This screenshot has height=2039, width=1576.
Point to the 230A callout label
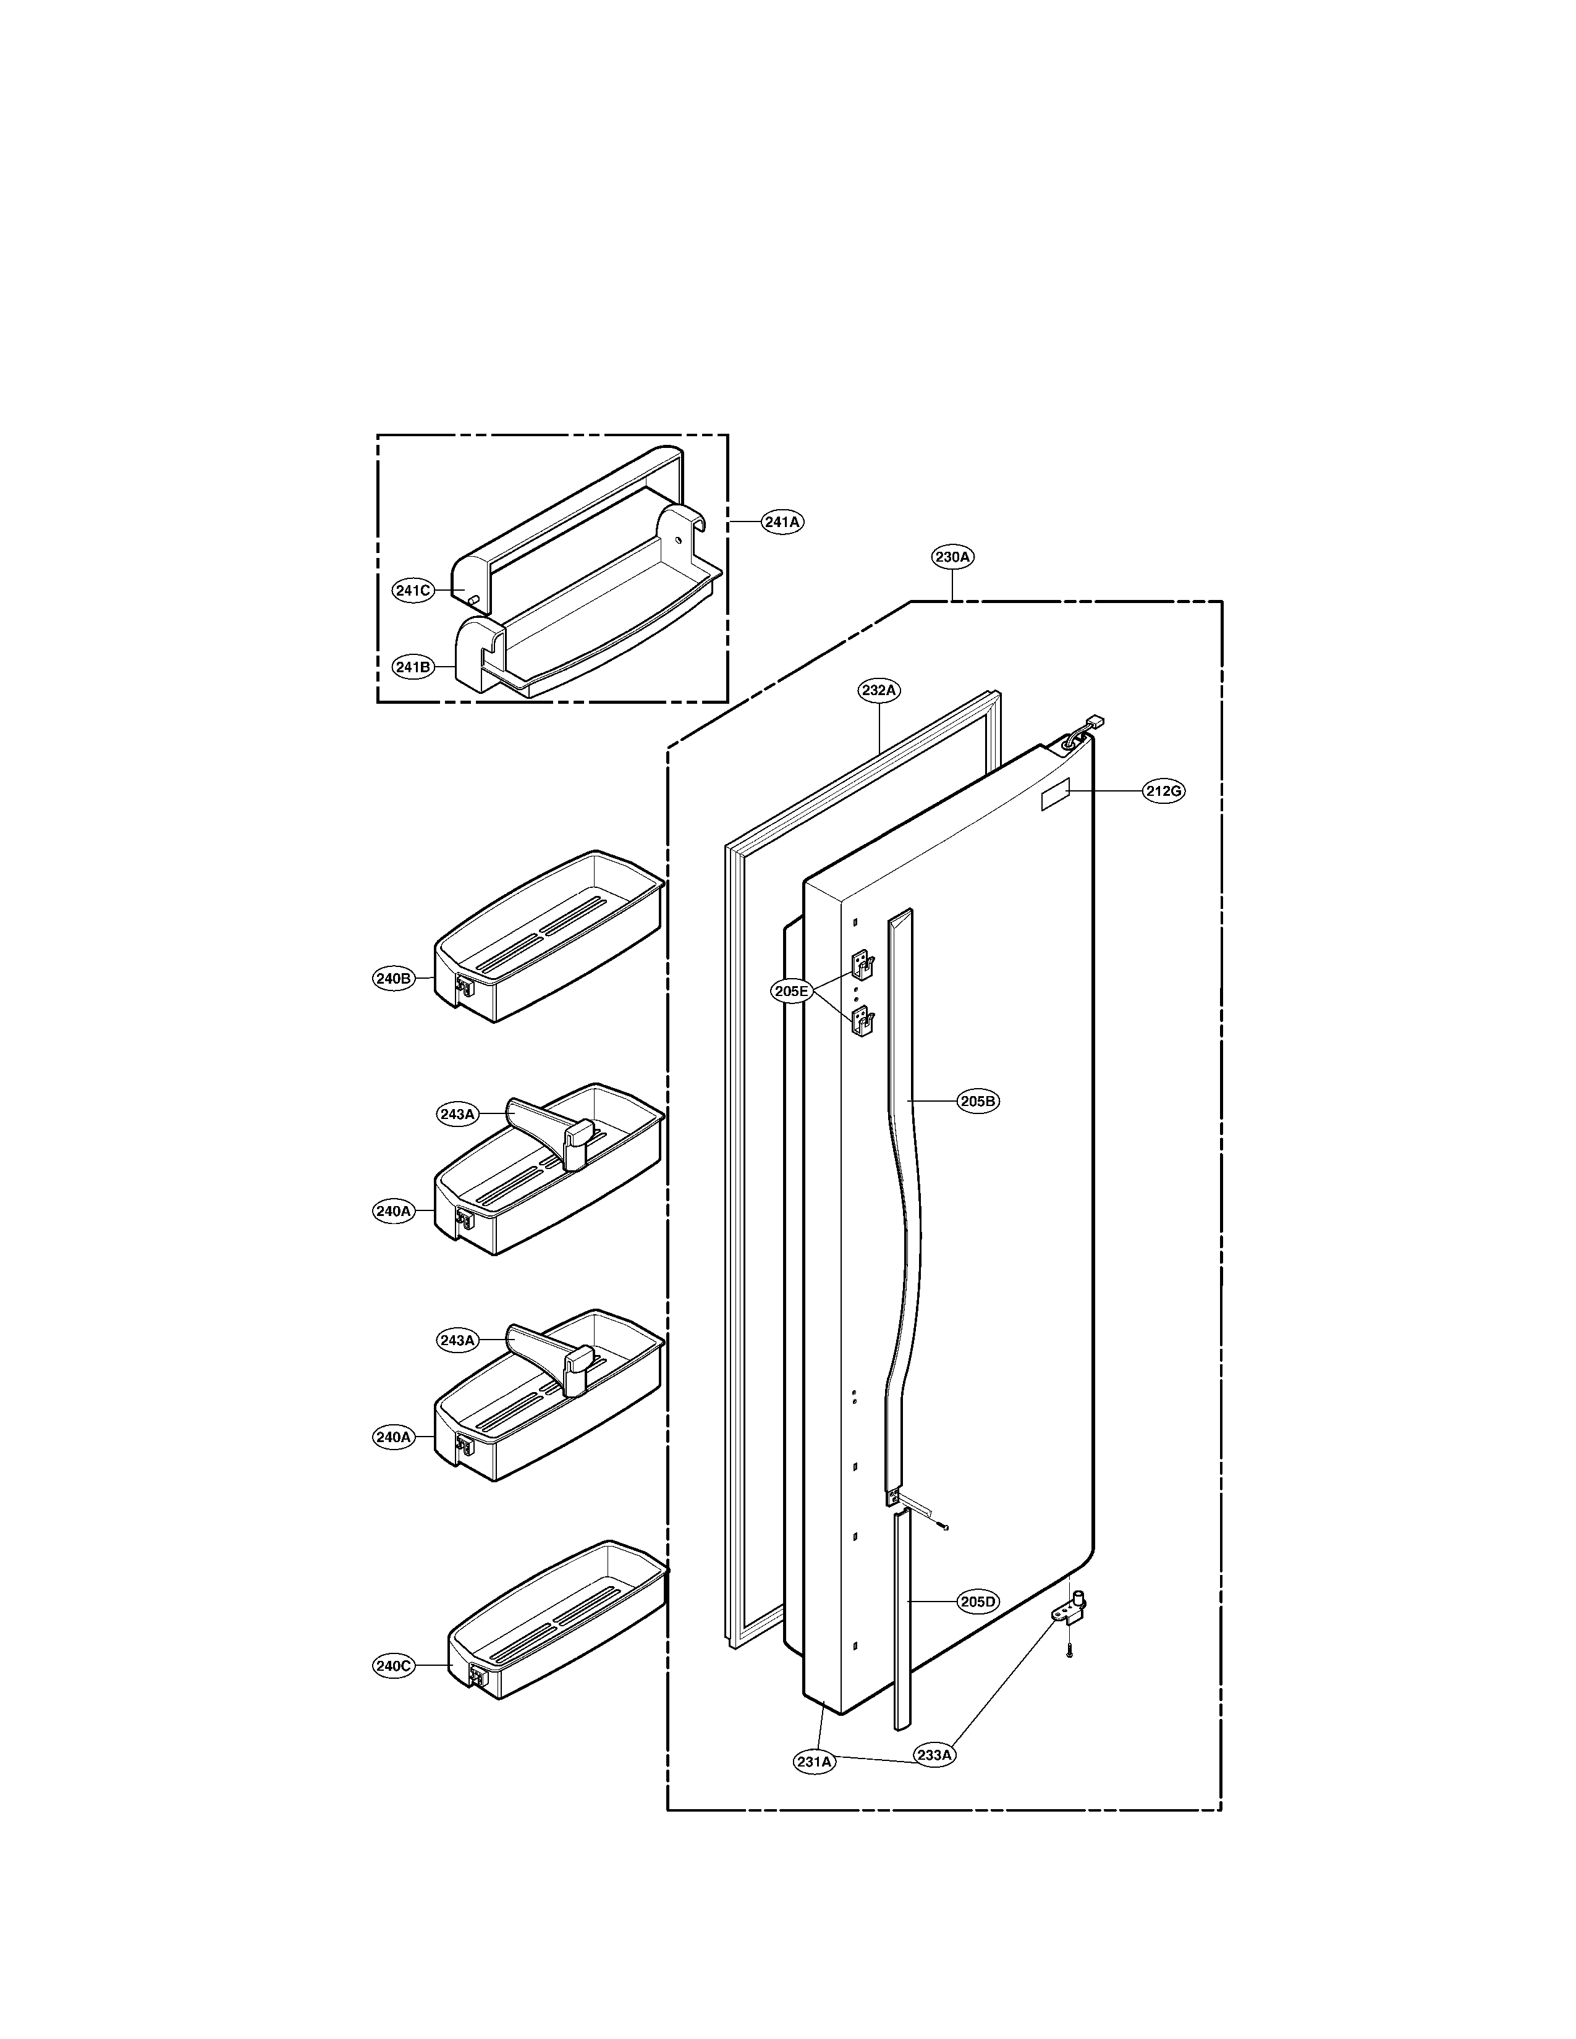952,557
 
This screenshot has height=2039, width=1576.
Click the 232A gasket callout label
879,691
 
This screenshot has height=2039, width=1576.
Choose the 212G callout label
1163,792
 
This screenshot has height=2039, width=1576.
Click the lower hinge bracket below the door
1072,1610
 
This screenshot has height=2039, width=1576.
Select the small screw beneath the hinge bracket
1070,1652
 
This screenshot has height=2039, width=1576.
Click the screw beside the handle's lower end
946,1528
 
